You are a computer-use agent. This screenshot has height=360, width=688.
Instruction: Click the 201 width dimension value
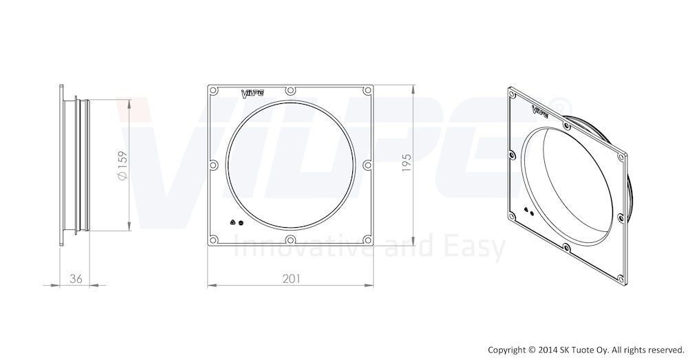pos(291,278)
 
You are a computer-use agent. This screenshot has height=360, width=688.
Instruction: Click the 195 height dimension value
pos(407,162)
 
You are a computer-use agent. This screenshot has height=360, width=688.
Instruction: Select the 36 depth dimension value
pos(76,278)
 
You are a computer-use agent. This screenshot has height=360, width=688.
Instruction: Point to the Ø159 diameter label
pos(122,165)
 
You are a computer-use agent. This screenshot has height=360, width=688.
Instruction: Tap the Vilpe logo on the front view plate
pos(252,94)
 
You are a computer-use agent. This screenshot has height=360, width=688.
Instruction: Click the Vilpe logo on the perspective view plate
pos(540,111)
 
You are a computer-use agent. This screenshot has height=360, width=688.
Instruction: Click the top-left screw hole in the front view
pos(214,91)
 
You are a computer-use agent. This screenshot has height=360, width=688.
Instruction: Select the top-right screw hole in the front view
pos(367,91)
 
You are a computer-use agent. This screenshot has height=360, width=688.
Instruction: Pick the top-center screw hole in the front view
pos(290,91)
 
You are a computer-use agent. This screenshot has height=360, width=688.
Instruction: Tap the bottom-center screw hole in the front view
pos(290,240)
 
